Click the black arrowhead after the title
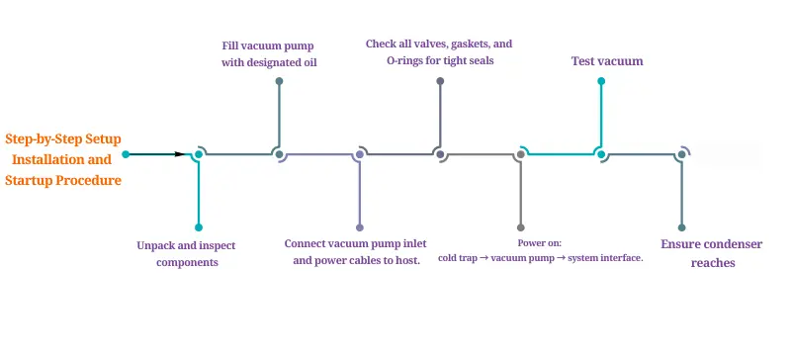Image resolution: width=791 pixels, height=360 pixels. tap(179, 154)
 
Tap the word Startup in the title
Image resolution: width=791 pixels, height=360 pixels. tap(33, 181)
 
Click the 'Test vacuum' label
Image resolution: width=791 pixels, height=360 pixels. tap(607, 61)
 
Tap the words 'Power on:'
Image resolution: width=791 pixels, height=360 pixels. tap(540, 242)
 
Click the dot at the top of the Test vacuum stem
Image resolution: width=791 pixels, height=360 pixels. tap(600, 80)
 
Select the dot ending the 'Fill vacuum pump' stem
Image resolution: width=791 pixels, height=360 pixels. tap(280, 80)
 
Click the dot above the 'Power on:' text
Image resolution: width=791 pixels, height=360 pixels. tap(520, 227)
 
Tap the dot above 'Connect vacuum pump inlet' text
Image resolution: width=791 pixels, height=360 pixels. tap(360, 227)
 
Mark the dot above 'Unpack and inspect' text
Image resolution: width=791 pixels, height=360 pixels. tap(199, 227)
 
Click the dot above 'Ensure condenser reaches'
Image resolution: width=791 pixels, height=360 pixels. tap(681, 227)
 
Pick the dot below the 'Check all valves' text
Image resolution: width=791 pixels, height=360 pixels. tap(440, 80)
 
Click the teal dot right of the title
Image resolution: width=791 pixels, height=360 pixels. tap(126, 154)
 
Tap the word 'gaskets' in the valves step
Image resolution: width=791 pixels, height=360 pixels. tap(476, 45)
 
